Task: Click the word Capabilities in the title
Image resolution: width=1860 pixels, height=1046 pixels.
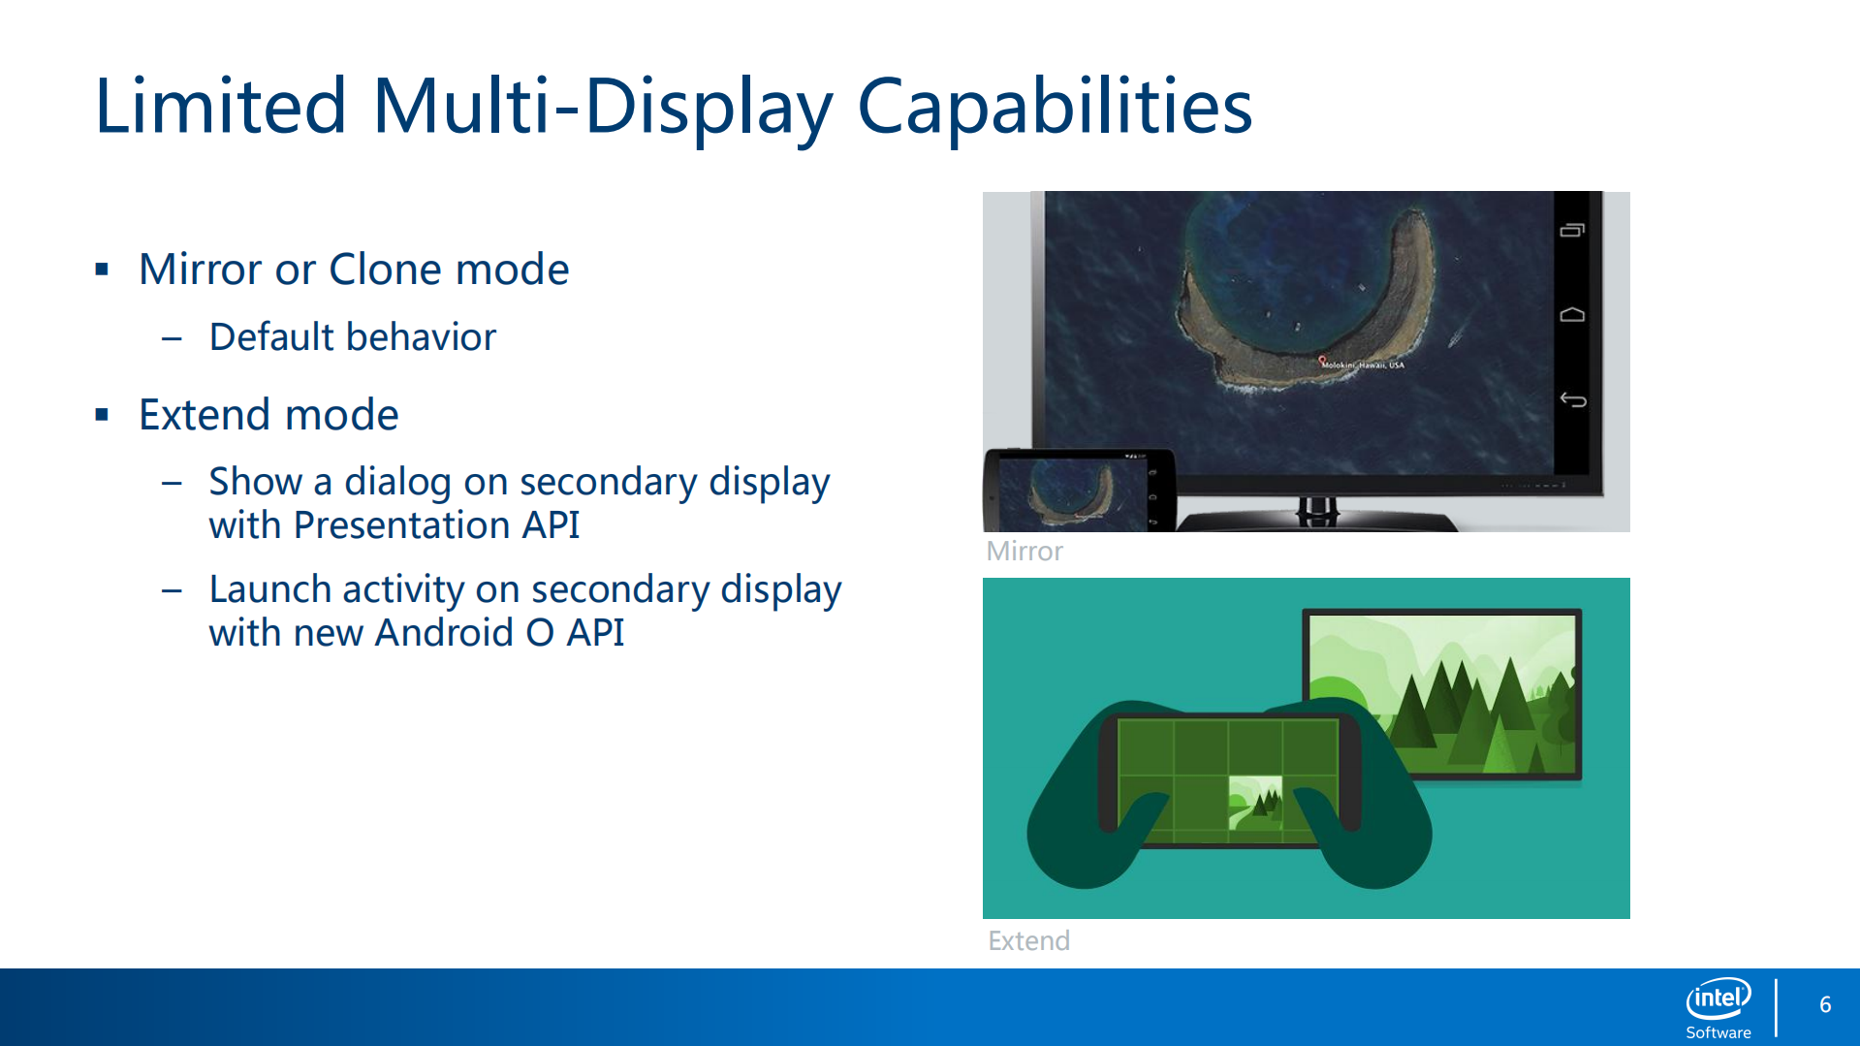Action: [1055, 108]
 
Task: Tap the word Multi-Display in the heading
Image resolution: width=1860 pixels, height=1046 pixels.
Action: [603, 108]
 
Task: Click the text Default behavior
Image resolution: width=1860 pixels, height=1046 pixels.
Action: [353, 337]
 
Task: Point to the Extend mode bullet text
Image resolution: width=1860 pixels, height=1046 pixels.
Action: [268, 415]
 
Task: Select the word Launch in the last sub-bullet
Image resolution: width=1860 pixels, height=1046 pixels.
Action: [269, 589]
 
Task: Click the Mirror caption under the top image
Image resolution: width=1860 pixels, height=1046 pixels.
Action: [1025, 552]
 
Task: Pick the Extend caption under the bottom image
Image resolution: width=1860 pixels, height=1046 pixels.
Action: [1028, 941]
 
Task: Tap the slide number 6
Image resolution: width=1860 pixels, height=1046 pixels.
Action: [1825, 1005]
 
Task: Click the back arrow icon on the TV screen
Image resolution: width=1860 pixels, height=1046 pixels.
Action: [1572, 399]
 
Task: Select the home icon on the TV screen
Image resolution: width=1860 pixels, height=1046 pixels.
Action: [1572, 314]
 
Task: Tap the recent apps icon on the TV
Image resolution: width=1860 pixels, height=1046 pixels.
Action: [1572, 230]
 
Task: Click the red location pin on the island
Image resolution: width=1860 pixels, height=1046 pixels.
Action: [1322, 361]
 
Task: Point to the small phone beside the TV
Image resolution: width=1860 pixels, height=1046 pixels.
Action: [1080, 491]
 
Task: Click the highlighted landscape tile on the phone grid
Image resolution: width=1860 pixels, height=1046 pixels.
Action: [1255, 802]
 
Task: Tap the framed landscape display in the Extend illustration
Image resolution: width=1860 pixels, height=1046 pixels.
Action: [1442, 693]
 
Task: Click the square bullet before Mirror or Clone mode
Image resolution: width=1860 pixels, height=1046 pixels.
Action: [102, 269]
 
